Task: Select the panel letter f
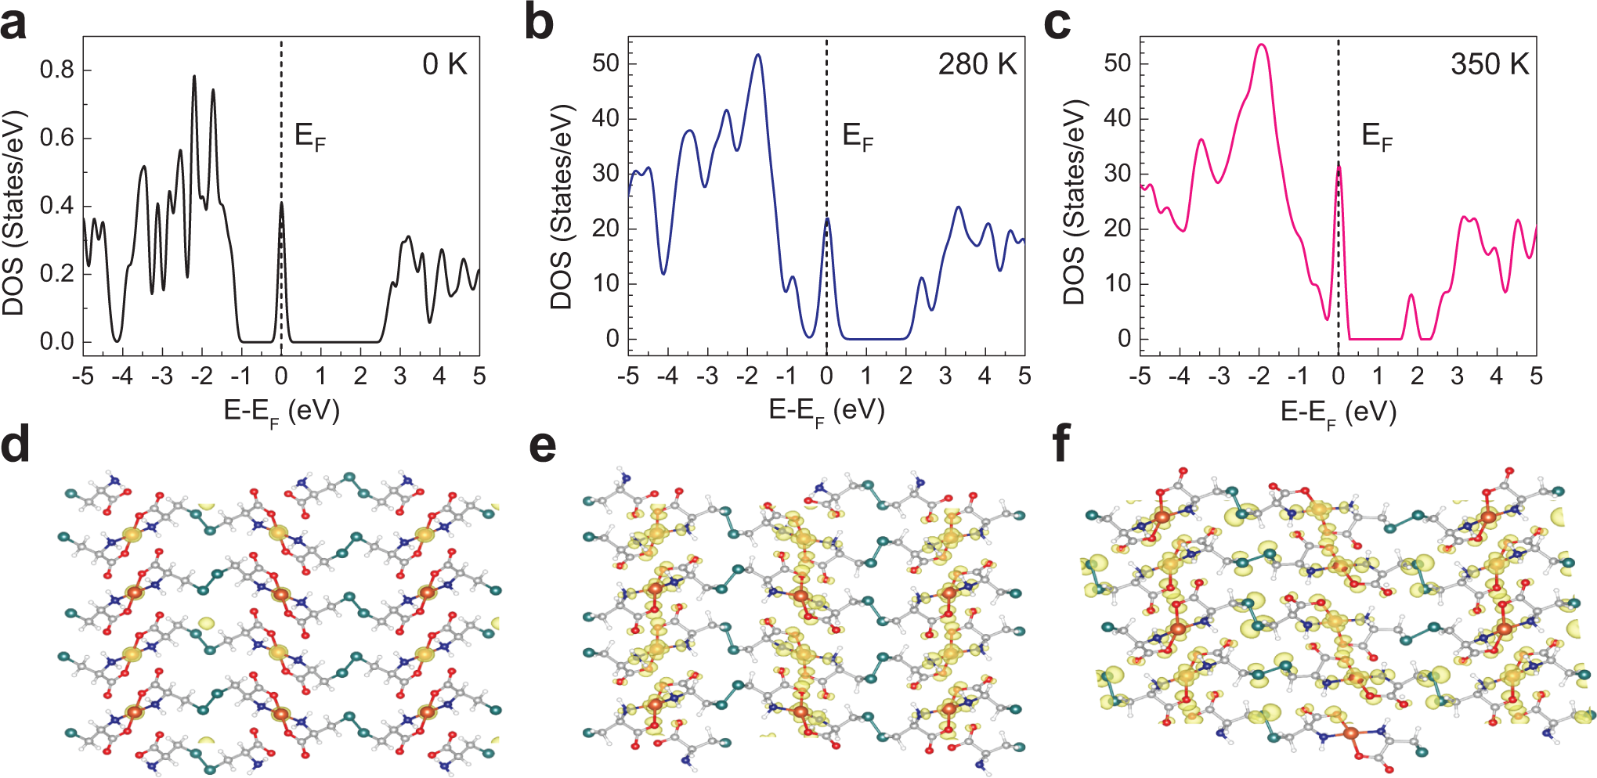coord(1061,445)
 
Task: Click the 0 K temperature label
coord(445,64)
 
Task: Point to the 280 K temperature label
coord(977,64)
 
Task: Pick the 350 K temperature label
coord(1489,64)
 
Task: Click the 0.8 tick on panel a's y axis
coord(57,70)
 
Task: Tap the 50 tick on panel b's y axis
coord(605,63)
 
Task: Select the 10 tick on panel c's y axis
coord(1118,283)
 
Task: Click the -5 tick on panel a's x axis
coord(82,376)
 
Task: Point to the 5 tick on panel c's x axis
coord(1536,376)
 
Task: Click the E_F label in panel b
coord(857,136)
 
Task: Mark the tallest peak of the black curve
coord(194,77)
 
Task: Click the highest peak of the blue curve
coord(757,55)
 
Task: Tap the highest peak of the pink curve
coord(1261,45)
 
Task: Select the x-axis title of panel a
coord(281,411)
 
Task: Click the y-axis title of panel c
coord(1075,202)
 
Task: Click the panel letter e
coord(543,446)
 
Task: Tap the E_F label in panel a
coord(309,136)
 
